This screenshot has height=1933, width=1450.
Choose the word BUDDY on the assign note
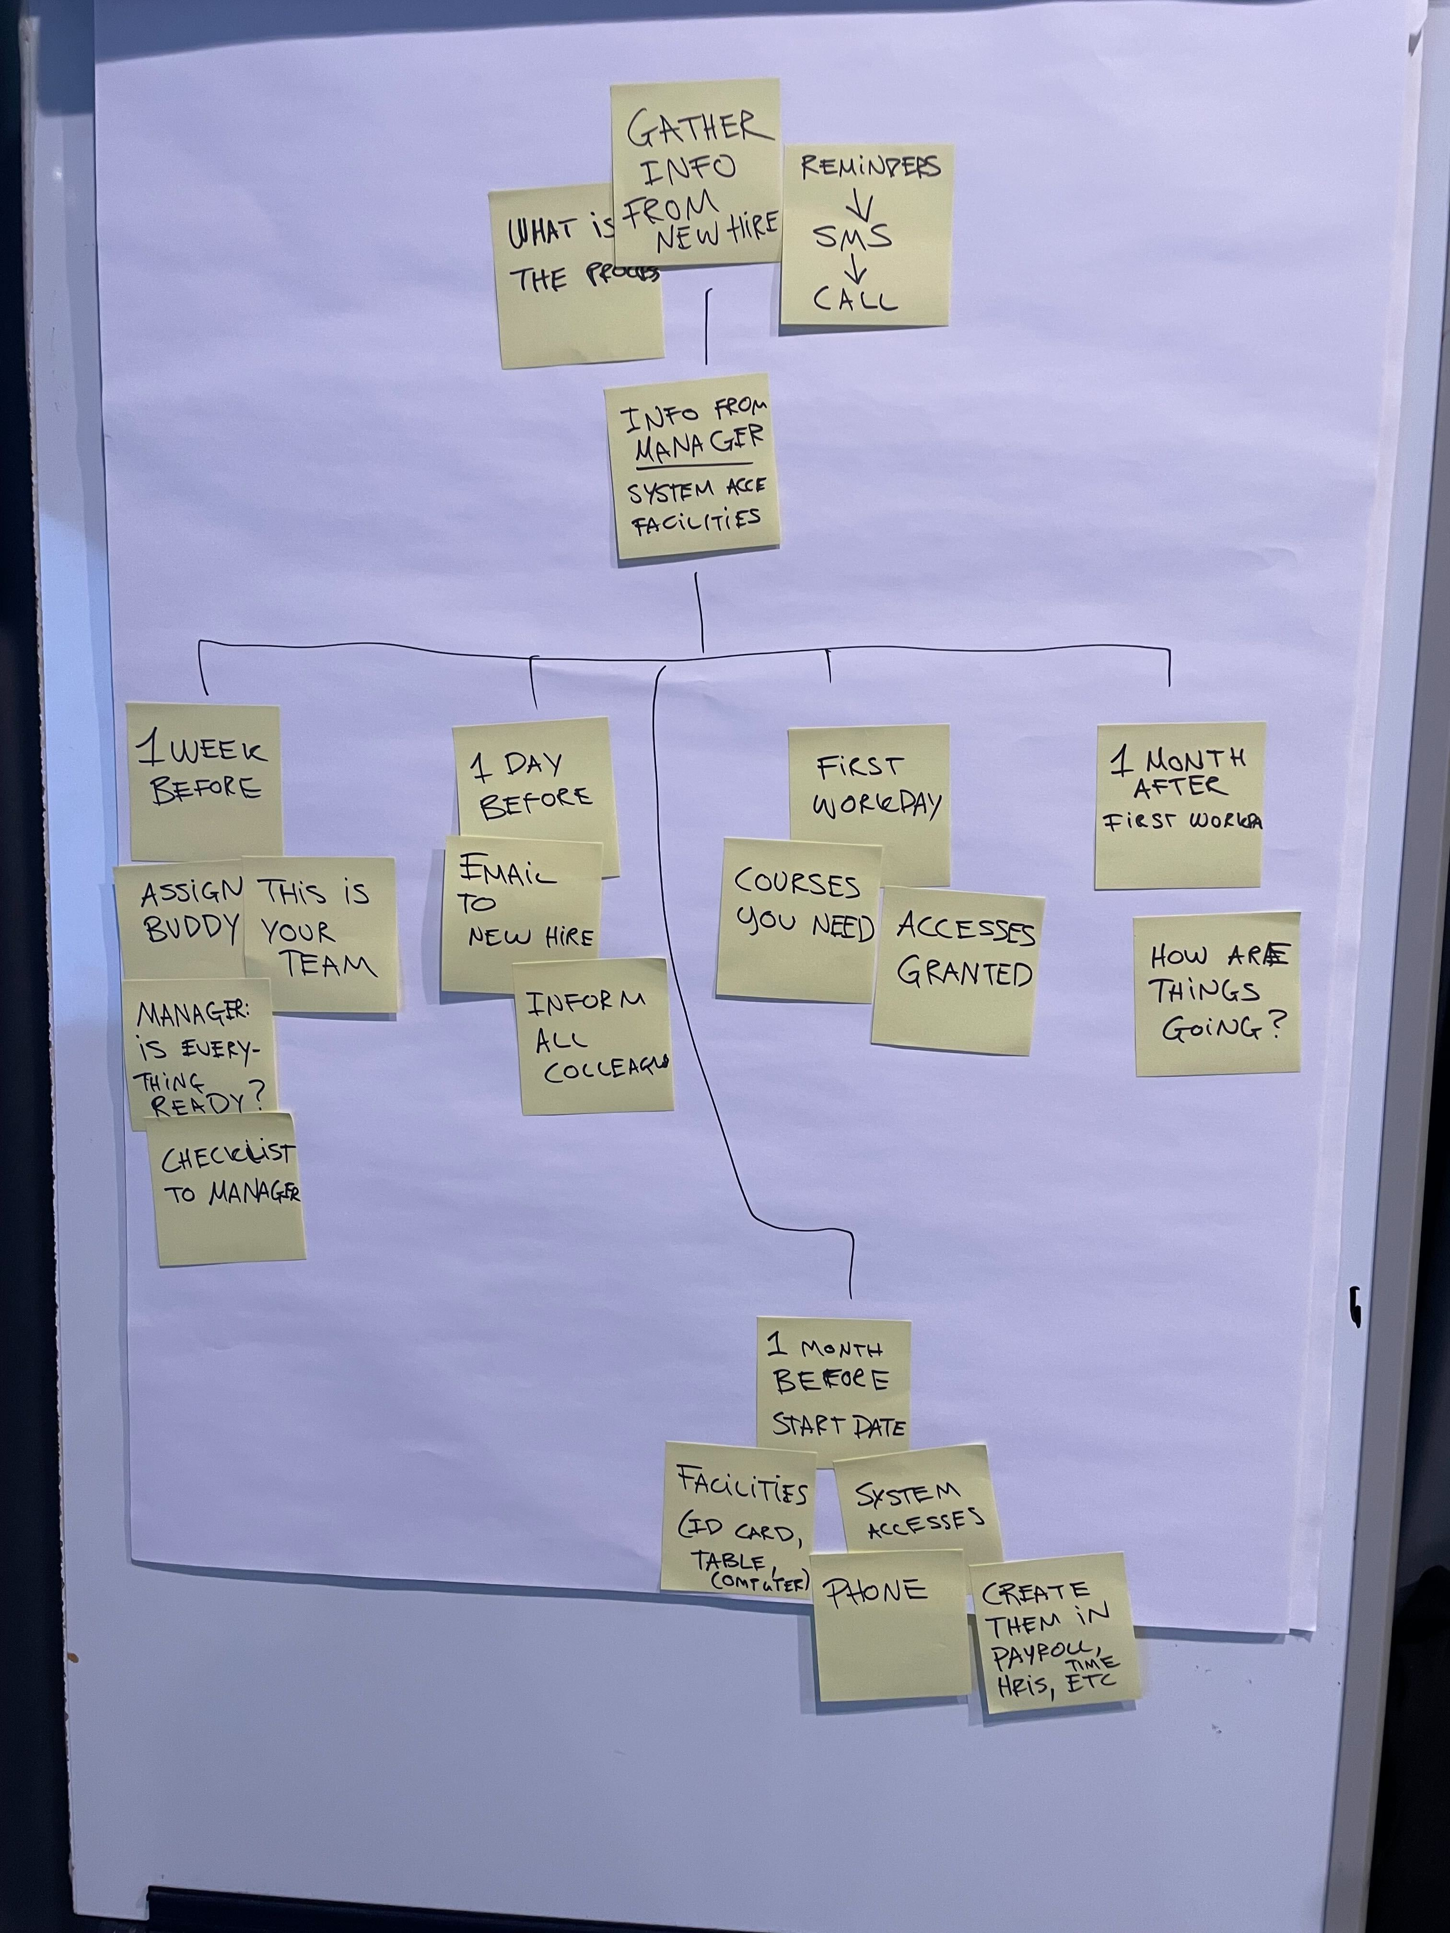click(191, 928)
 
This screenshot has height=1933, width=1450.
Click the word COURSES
click(797, 885)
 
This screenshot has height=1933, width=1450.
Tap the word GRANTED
click(964, 973)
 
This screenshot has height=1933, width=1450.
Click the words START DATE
click(839, 1426)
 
